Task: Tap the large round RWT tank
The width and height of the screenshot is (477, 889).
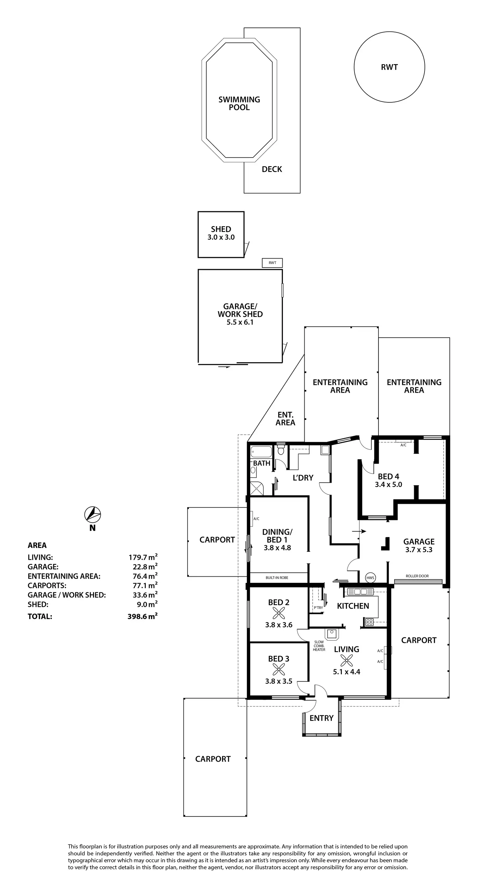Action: point(389,67)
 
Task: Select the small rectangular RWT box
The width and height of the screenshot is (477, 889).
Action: point(272,263)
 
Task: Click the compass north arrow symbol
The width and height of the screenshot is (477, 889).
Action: point(92,515)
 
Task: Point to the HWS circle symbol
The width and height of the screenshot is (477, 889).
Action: point(370,578)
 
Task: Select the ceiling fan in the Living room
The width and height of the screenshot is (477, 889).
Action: point(346,661)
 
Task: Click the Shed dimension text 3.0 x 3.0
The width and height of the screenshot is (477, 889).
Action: point(221,237)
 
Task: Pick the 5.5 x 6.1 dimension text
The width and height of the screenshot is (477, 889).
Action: point(240,322)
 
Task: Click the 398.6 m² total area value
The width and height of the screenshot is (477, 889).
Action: point(142,616)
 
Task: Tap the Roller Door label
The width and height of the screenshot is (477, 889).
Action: point(417,576)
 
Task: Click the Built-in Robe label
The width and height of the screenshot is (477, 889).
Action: point(277,577)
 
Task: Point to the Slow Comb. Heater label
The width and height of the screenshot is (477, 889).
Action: point(319,646)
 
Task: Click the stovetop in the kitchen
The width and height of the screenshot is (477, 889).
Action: point(369,622)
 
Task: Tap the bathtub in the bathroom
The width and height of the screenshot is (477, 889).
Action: point(261,451)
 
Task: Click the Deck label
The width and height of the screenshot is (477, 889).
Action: point(272,169)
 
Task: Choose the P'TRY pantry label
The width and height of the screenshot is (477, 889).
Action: point(318,608)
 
